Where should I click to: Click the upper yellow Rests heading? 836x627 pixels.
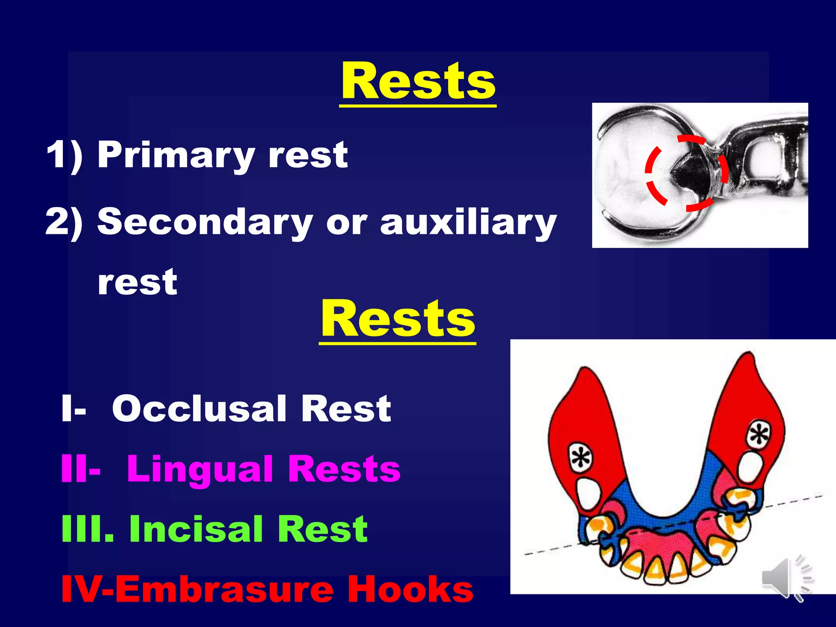(x=418, y=82)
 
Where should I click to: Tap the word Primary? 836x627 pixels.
(x=176, y=155)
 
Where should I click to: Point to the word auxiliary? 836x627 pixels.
(x=468, y=222)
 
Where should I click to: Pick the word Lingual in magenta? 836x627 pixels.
(x=200, y=469)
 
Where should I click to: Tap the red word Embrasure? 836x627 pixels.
(x=225, y=589)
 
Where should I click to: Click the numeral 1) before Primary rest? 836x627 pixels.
(x=64, y=155)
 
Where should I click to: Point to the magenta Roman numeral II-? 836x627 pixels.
(x=80, y=469)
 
